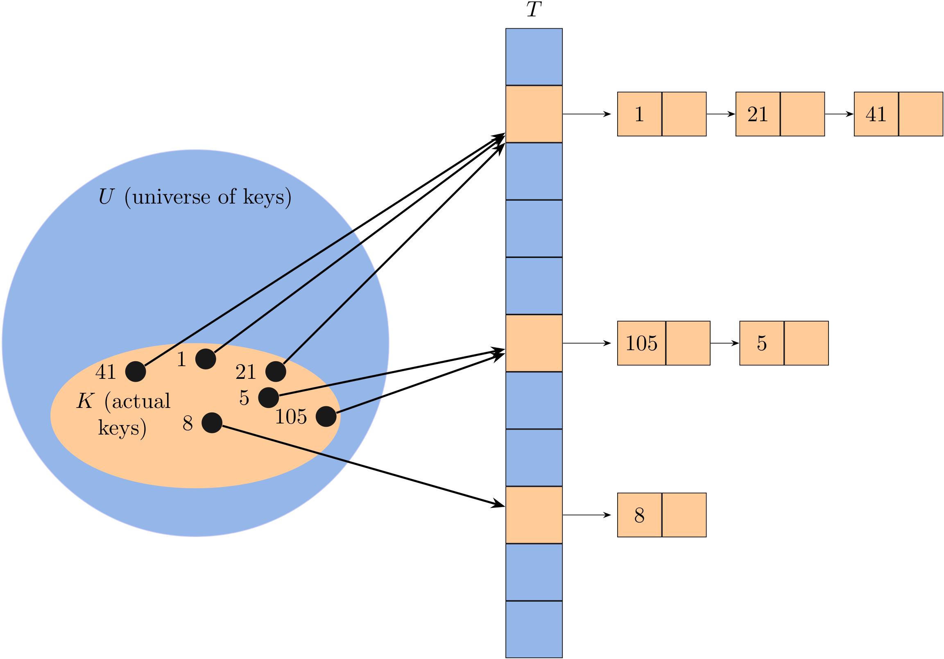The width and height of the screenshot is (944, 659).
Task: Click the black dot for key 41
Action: pyautogui.click(x=135, y=371)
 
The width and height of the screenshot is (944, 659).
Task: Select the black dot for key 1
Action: pyautogui.click(x=206, y=359)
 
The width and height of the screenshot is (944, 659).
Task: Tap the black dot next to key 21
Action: pyautogui.click(x=276, y=371)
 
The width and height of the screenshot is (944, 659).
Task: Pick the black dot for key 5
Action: pyautogui.click(x=269, y=398)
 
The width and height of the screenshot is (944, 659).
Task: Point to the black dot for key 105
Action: pyautogui.click(x=326, y=417)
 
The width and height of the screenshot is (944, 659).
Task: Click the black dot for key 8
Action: pyautogui.click(x=212, y=423)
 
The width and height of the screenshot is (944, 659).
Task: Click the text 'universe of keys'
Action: pyautogui.click(x=208, y=197)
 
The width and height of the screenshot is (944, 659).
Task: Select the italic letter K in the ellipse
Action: pyautogui.click(x=86, y=401)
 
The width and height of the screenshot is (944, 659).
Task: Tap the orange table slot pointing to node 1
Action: pyautogui.click(x=534, y=114)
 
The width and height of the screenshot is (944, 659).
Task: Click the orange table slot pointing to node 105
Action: pyautogui.click(x=534, y=343)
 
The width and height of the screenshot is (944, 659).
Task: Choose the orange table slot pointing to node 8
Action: pyautogui.click(x=534, y=515)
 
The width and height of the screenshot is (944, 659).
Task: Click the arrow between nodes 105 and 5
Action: pyautogui.click(x=724, y=343)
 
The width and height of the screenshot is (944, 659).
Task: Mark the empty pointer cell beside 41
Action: pyautogui.click(x=921, y=114)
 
